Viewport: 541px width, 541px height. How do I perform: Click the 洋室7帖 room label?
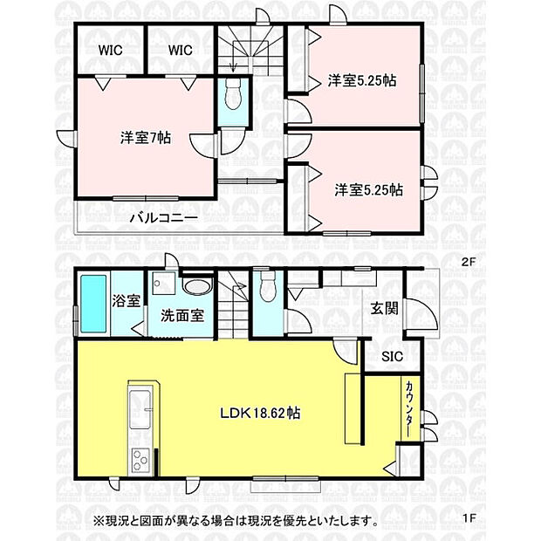point(145,138)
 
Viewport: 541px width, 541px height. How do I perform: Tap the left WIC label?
point(109,51)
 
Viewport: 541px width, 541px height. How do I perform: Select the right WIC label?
point(180,51)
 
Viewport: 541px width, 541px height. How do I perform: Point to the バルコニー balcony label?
point(164,218)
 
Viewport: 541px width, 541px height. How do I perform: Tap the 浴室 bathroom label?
point(127,302)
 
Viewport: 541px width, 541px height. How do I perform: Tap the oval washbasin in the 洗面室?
point(199,289)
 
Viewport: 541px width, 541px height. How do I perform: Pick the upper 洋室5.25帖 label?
point(362,80)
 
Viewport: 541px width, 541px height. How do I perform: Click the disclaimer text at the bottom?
point(236,521)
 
